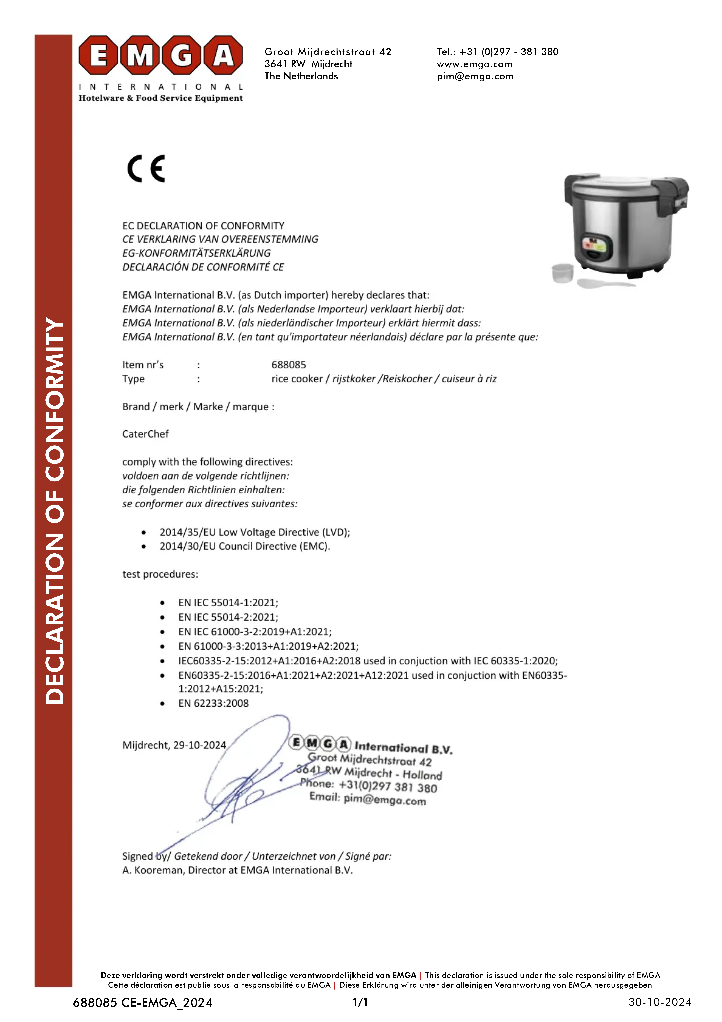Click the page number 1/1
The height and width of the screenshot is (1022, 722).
360,1002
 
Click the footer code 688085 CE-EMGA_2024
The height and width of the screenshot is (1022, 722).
142,1002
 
